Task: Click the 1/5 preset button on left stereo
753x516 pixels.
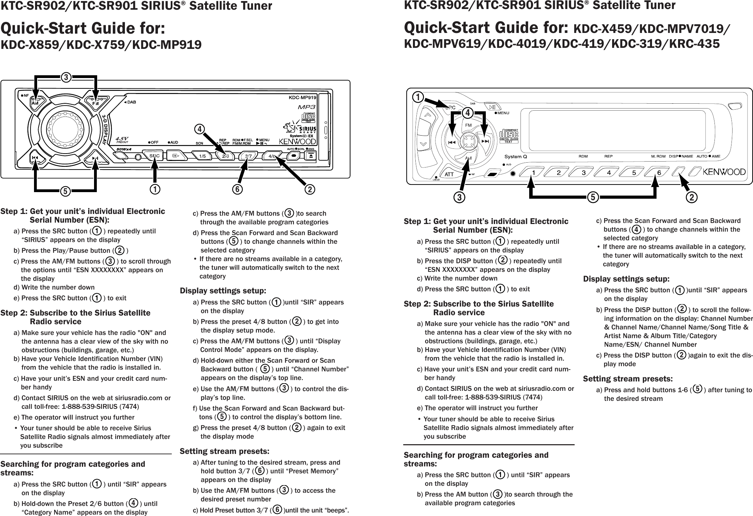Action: [202, 156]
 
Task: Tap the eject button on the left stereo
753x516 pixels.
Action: [311, 156]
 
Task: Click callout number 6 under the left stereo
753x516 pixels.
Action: [238, 189]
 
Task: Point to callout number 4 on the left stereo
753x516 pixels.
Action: [199, 129]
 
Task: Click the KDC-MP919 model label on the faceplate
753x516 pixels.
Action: [303, 97]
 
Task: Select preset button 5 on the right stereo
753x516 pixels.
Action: [634, 172]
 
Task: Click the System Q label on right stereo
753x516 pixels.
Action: [516, 156]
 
